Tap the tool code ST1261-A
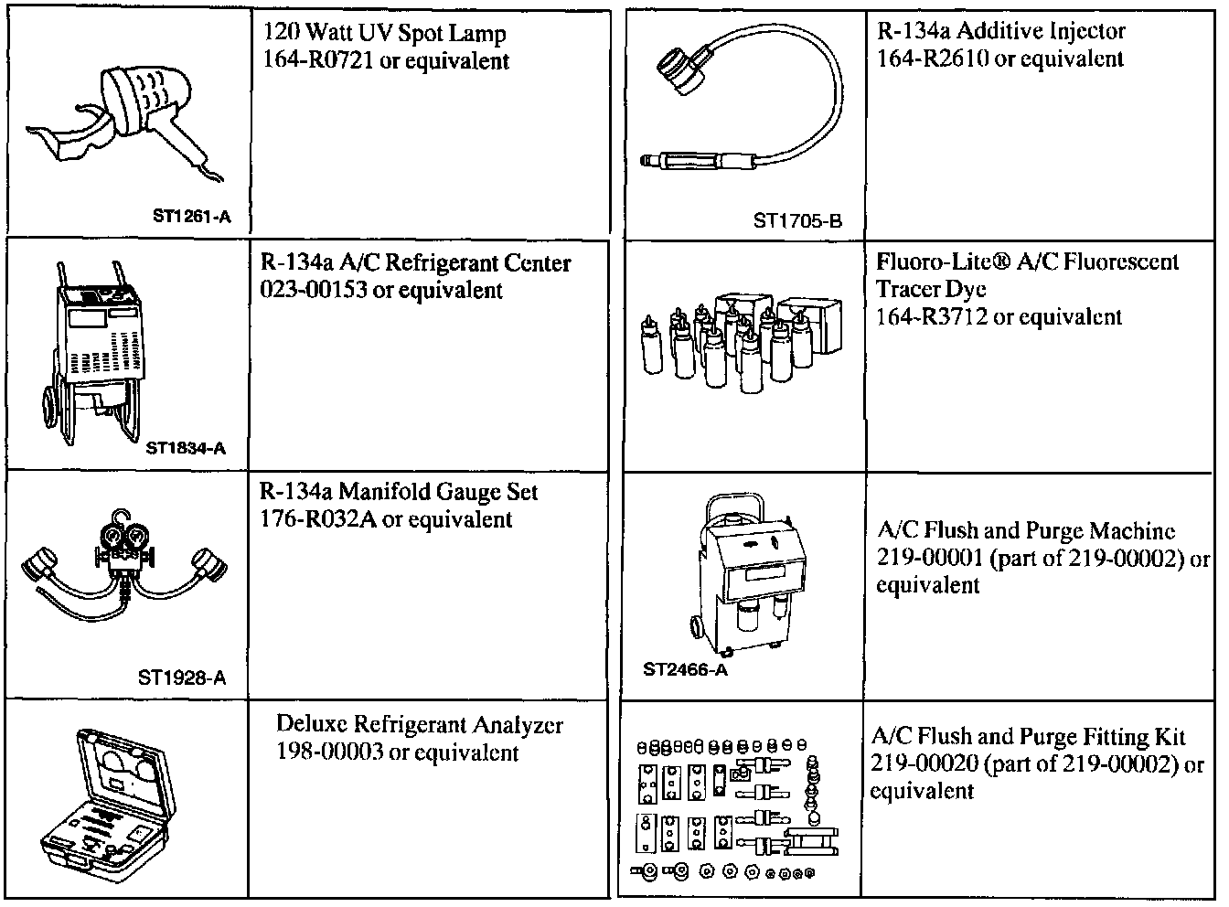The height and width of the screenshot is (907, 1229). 191,217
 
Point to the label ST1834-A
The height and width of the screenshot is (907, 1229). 185,448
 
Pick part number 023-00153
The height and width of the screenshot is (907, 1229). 316,291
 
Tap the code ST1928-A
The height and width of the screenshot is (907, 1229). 181,678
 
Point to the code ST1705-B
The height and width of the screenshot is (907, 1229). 796,220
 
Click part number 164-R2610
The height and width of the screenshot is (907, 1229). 932,59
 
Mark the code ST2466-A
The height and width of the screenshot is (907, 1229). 685,670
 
